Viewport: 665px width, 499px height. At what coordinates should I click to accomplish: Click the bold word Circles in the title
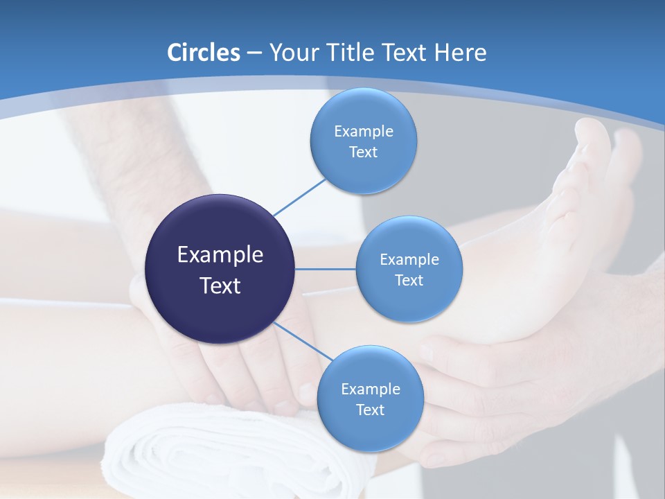pos(204,52)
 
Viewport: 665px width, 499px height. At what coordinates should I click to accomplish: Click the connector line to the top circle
pos(299,197)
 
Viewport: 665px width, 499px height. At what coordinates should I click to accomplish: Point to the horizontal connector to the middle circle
pos(325,269)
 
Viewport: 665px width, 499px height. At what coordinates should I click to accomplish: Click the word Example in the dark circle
pos(220,254)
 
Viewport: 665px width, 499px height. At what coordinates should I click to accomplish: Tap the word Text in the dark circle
pos(220,285)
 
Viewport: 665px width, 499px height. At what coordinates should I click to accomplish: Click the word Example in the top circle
pos(363,131)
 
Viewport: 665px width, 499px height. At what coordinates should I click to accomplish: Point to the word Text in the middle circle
pos(409,280)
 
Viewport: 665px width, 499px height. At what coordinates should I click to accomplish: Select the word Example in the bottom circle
pos(370,389)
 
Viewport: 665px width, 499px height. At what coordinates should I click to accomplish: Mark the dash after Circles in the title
pos(254,53)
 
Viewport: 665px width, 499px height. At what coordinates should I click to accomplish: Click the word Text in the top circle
pos(363,152)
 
